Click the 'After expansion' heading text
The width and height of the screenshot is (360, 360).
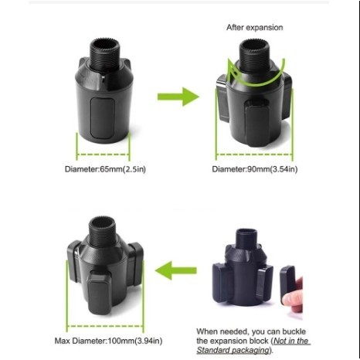pyautogui.click(x=254, y=28)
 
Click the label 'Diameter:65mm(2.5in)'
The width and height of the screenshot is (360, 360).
pyautogui.click(x=105, y=169)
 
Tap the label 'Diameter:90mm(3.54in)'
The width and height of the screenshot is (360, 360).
pyautogui.click(x=255, y=169)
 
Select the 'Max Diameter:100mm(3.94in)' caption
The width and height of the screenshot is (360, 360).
pyautogui.click(x=108, y=341)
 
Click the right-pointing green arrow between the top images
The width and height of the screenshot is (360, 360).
pyautogui.click(x=178, y=97)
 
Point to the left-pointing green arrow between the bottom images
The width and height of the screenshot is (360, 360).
pyautogui.click(x=176, y=270)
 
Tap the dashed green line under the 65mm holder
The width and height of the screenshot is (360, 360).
pyautogui.click(x=103, y=155)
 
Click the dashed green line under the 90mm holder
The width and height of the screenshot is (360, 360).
pyautogui.click(x=254, y=155)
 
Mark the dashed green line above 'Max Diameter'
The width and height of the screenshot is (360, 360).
pyautogui.click(x=105, y=326)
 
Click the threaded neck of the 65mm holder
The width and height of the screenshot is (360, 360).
pyautogui.click(x=104, y=53)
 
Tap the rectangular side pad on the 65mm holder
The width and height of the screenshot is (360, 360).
pyautogui.click(x=102, y=117)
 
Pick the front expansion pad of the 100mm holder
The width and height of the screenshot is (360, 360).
pyautogui.click(x=100, y=293)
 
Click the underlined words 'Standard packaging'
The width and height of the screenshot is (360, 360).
pyautogui.click(x=233, y=350)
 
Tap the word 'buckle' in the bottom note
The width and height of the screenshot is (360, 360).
pyautogui.click(x=294, y=331)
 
